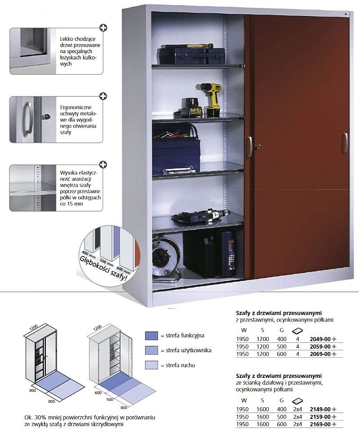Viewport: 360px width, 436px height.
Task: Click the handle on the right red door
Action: click(345, 143)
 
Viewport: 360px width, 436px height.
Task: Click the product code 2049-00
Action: click(320, 340)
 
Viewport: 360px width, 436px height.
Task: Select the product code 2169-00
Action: click(320, 425)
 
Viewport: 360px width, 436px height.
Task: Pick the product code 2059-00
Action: click(320, 346)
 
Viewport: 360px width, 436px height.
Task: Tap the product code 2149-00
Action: click(320, 409)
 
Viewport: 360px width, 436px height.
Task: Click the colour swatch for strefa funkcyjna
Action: click(151, 335)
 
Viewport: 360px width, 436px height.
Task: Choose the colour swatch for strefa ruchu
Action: click(151, 365)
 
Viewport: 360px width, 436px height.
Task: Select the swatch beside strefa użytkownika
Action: click(151, 350)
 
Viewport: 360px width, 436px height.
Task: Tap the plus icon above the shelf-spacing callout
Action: click(103, 165)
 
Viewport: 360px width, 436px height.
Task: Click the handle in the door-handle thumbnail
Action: click(28, 118)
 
